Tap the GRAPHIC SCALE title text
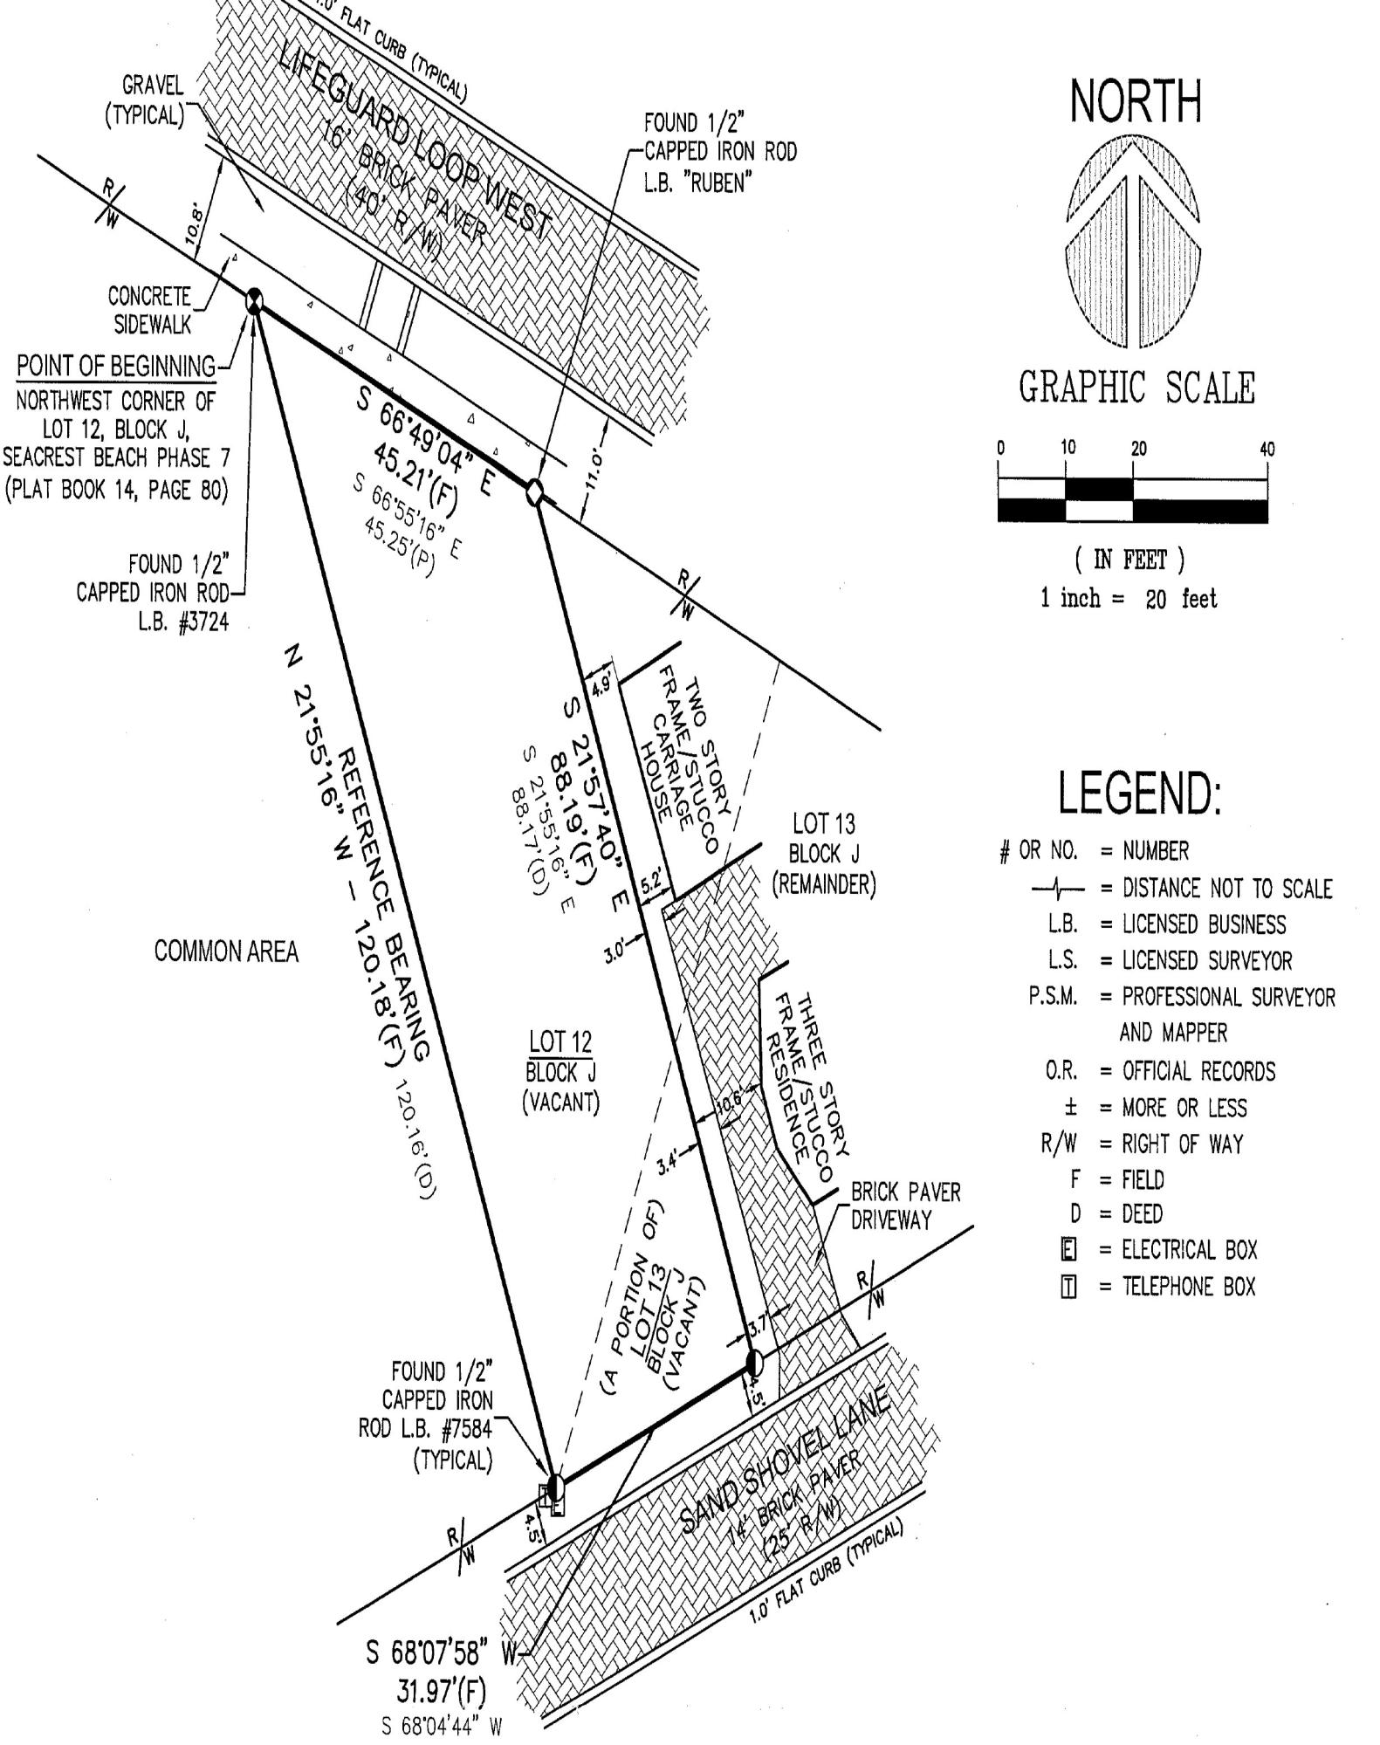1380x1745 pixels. [1136, 388]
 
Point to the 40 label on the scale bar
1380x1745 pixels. [1267, 450]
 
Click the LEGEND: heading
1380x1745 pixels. [1139, 793]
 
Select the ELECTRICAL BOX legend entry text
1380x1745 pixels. [1190, 1250]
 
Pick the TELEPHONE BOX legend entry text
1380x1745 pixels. [1189, 1286]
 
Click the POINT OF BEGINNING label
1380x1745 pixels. [116, 367]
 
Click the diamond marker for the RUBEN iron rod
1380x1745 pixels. [534, 491]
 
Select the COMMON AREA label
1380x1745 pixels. [226, 952]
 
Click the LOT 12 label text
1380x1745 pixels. [560, 1041]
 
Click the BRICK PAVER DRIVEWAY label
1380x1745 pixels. [905, 1206]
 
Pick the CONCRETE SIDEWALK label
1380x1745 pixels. [149, 309]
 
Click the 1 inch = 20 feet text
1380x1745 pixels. [1129, 598]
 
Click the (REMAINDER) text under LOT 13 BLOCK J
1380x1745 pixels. [824, 884]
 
